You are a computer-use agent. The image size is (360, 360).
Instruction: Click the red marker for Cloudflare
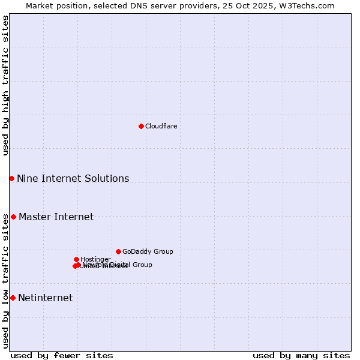(x=141, y=126)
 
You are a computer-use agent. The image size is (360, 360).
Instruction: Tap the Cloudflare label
(x=161, y=126)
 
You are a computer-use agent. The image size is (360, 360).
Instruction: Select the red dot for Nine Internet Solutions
(x=11, y=178)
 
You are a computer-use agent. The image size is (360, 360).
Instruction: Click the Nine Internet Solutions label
(x=73, y=178)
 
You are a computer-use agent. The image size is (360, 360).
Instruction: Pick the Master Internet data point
(x=13, y=217)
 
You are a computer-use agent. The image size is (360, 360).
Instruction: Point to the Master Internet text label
(x=56, y=217)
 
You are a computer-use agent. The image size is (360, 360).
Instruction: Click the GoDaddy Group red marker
(x=118, y=251)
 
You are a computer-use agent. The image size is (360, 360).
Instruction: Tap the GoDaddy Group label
(x=148, y=251)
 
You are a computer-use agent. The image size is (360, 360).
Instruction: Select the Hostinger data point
(x=76, y=259)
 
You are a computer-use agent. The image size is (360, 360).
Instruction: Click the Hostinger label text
(x=95, y=259)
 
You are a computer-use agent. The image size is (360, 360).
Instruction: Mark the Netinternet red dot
(x=13, y=298)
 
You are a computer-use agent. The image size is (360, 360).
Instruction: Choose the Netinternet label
(x=45, y=298)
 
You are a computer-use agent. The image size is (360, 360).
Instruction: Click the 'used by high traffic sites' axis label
(x=5, y=85)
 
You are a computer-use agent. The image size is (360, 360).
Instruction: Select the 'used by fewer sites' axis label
(x=62, y=355)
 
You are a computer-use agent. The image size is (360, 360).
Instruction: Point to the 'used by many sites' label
(x=301, y=355)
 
